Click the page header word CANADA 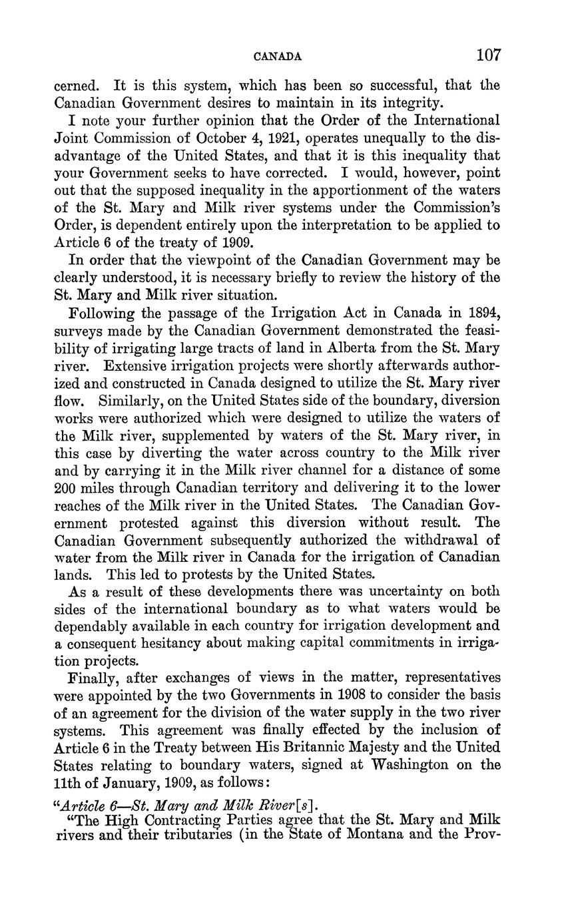[x=278, y=57]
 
